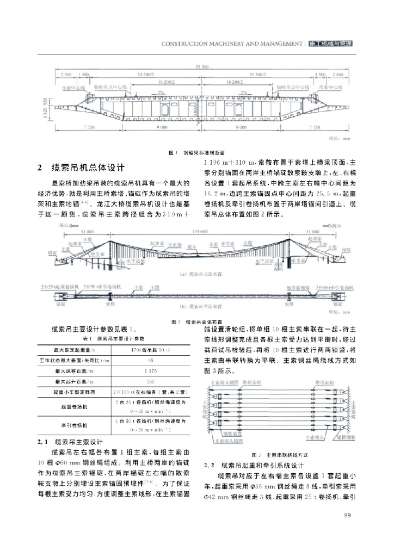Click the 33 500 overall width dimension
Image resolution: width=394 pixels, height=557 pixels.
[x=196, y=67]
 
